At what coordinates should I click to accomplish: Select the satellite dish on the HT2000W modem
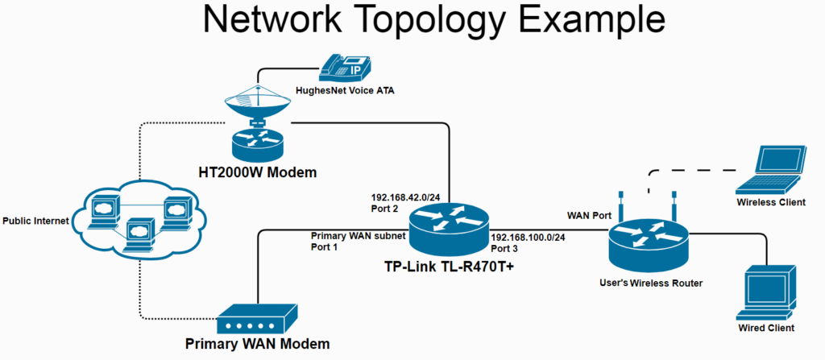pos(256,106)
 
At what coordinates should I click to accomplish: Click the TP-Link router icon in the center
pos(447,227)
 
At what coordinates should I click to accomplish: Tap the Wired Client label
pos(765,328)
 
